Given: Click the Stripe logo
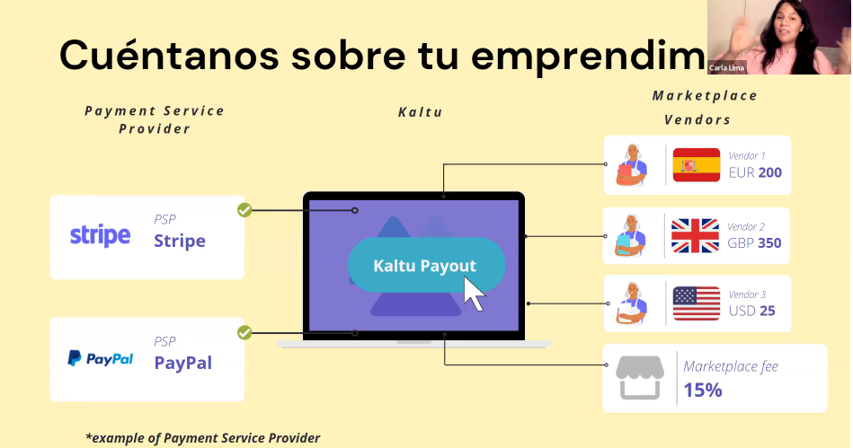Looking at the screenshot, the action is point(100,236).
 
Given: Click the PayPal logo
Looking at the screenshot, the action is point(100,359).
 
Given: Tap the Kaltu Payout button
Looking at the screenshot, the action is point(426,266).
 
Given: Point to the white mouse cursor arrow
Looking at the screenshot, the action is point(474,294).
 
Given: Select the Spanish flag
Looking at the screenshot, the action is point(697,164).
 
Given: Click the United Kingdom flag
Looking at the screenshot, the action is point(695,236).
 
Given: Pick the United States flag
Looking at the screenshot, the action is point(697,303).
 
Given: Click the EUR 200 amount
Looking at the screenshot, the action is point(755,172).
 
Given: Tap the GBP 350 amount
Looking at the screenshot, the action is point(754,243).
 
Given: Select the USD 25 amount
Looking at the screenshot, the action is point(751,311).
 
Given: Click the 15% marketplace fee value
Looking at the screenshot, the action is point(703,390).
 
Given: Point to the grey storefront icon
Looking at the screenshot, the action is point(640,378).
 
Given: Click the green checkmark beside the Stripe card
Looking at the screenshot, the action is point(244,210).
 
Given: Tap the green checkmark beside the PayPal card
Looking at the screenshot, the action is point(244,332).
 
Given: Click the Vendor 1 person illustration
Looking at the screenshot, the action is point(631,164).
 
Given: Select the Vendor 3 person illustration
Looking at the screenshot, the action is point(632,303).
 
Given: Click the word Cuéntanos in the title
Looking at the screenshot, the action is point(169,55).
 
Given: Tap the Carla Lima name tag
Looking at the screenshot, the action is point(727,68).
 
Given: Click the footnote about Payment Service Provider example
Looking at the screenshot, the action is point(203,438).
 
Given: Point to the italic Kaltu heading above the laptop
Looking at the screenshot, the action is point(421,112).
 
